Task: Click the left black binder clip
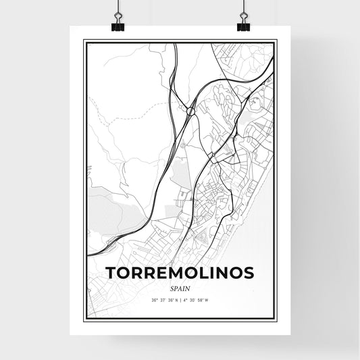[x=118, y=25]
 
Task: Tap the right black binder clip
[x=242, y=25]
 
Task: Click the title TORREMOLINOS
[x=180, y=273]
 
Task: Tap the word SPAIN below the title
[x=180, y=288]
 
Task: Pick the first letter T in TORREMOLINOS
[x=110, y=273]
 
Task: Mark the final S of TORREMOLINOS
[x=249, y=273]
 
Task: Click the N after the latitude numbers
[x=177, y=301]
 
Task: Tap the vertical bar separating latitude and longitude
[x=182, y=301]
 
